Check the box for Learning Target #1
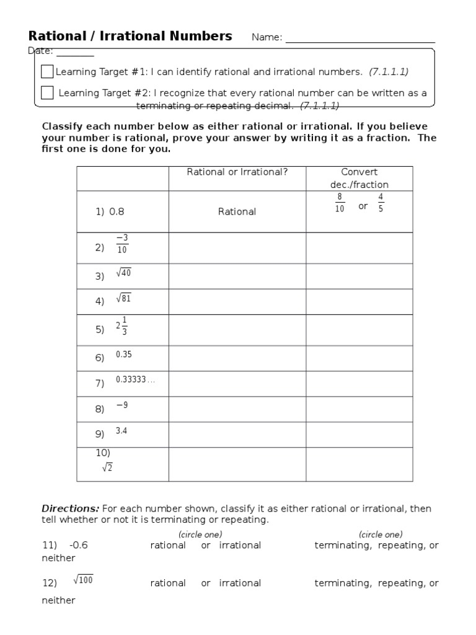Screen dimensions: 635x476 (x=47, y=72)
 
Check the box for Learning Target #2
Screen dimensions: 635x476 (x=47, y=93)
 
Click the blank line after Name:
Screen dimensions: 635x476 (x=359, y=38)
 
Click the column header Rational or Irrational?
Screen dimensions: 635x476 (x=237, y=172)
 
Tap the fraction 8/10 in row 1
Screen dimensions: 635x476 (x=339, y=203)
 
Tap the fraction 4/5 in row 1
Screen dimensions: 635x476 (x=381, y=203)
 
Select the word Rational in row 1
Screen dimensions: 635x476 (x=237, y=211)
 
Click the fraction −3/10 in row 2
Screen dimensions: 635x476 (x=122, y=244)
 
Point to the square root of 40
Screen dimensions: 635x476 (x=123, y=273)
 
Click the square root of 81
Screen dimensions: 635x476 (x=123, y=298)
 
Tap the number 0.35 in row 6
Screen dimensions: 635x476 (x=123, y=355)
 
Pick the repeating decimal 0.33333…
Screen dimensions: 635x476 (x=134, y=380)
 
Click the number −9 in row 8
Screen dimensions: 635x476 (x=121, y=405)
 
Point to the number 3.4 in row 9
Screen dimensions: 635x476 (x=121, y=431)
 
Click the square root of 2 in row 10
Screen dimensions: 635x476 (x=107, y=468)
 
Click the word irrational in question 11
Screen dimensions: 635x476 (x=240, y=545)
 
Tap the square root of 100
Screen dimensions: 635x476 (x=83, y=580)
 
